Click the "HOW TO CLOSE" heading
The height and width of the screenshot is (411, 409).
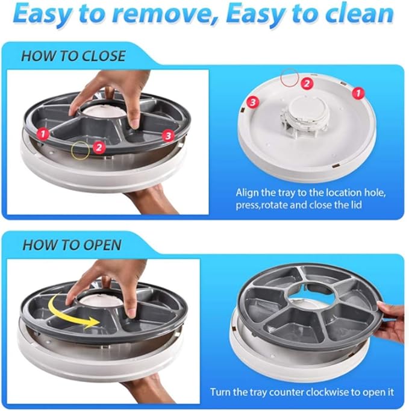click(73, 56)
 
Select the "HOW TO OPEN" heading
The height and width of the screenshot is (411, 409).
click(72, 245)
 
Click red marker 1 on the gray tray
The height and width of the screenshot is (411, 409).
click(43, 134)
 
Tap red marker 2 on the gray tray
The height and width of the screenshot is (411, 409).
click(99, 148)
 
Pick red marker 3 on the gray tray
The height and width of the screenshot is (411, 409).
click(167, 136)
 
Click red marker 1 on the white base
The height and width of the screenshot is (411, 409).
click(358, 93)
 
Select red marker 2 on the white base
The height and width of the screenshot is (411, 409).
click(307, 84)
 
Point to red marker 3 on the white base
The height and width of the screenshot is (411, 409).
click(253, 102)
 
